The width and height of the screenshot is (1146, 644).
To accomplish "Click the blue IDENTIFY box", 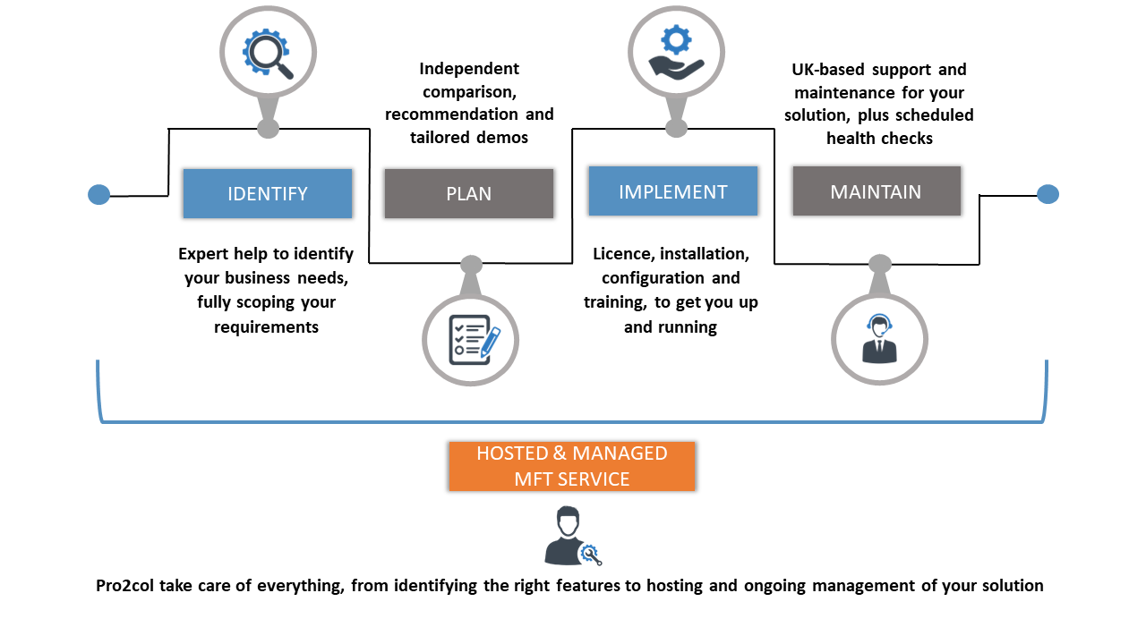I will [x=267, y=193].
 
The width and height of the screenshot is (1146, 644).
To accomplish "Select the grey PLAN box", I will [x=468, y=193].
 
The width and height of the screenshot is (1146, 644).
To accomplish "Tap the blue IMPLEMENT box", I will [x=672, y=191].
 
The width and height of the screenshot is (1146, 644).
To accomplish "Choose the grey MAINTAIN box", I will [x=876, y=191].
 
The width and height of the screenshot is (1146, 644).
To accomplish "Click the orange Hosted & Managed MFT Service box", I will [x=571, y=466].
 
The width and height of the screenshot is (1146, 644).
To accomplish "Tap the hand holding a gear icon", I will [x=676, y=52].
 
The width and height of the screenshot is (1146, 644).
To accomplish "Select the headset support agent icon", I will [x=879, y=338].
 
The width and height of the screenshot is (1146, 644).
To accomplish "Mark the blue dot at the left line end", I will [x=99, y=194].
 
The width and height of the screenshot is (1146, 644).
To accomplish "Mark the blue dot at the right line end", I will [x=1048, y=194].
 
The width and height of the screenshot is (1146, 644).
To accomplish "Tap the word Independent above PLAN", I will [x=468, y=69].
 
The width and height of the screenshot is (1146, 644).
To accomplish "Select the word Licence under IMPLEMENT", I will [x=623, y=255].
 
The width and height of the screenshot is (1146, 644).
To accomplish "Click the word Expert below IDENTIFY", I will [x=203, y=255].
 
